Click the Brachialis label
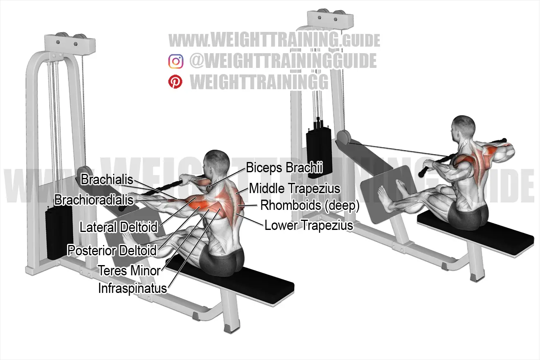(x=107, y=180)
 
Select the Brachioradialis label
(x=94, y=200)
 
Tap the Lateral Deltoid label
(x=119, y=227)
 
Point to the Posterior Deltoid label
(x=112, y=250)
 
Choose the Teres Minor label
(x=129, y=270)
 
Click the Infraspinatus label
(x=133, y=288)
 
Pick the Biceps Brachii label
(x=284, y=168)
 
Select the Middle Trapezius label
(x=295, y=188)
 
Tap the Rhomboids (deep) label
(x=310, y=206)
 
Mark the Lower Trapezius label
(x=309, y=225)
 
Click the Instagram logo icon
(x=176, y=61)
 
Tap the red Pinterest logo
(x=175, y=82)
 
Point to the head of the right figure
(x=463, y=128)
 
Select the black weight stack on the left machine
(x=59, y=233)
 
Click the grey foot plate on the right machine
(x=389, y=193)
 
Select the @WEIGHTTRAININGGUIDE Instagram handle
(x=283, y=61)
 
